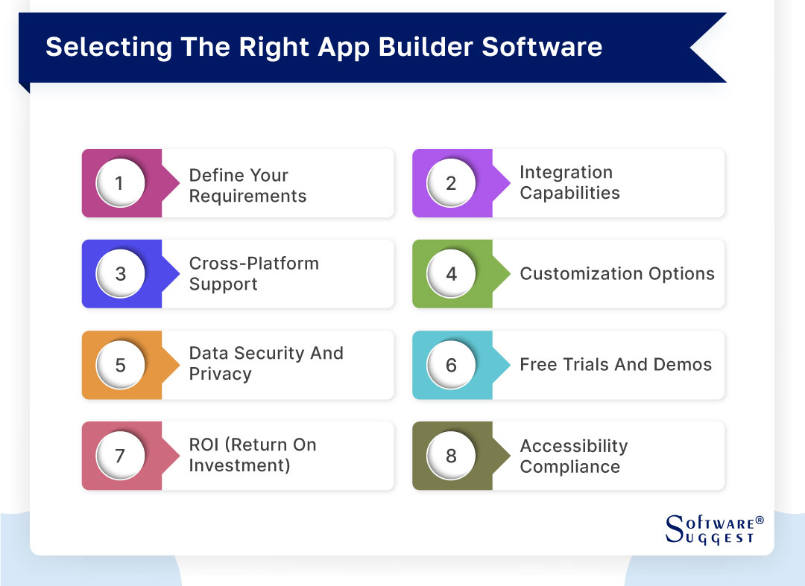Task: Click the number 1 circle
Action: (x=120, y=183)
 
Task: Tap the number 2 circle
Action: (x=451, y=183)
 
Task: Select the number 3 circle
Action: (x=120, y=274)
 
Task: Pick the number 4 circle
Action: (x=451, y=274)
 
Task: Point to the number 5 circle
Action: (x=120, y=366)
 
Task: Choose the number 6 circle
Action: (x=451, y=366)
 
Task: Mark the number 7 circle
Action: (x=120, y=456)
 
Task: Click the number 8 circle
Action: (x=451, y=456)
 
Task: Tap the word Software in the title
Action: (x=542, y=47)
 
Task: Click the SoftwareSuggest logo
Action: (x=713, y=529)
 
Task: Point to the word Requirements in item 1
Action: (x=247, y=197)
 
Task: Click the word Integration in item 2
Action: (x=566, y=173)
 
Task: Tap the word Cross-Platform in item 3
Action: (x=253, y=264)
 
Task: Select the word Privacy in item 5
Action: (x=220, y=375)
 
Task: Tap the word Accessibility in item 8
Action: (x=573, y=446)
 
